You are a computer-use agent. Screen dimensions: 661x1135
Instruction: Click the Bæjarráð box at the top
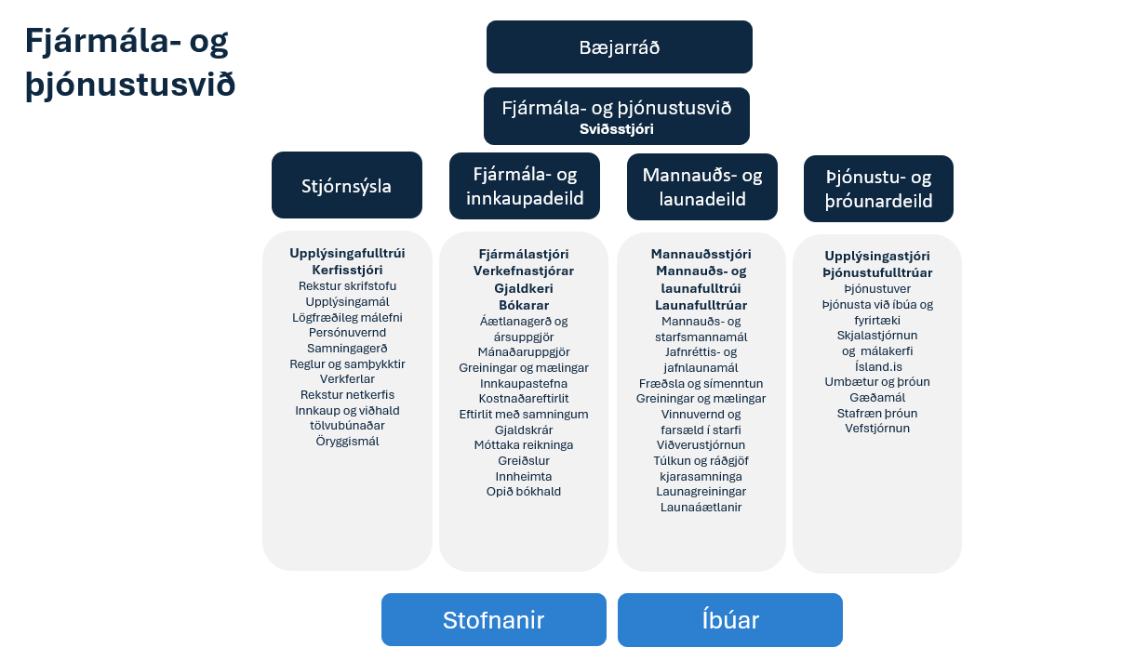[619, 47]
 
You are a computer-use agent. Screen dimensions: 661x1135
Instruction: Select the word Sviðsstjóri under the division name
[617, 128]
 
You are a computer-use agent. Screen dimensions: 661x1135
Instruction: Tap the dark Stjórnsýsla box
[346, 186]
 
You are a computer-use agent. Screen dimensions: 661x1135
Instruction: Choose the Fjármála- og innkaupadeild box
[525, 186]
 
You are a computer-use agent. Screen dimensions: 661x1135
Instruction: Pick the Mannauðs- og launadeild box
[701, 187]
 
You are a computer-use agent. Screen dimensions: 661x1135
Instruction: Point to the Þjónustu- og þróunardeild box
[878, 189]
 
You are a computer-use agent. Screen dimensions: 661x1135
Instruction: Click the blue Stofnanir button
[493, 620]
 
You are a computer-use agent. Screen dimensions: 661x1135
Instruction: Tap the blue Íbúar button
[730, 620]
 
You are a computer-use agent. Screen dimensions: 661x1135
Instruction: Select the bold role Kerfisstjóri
[347, 270]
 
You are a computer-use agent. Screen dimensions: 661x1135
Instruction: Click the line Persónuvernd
[347, 332]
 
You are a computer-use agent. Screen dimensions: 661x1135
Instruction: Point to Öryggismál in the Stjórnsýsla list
[347, 441]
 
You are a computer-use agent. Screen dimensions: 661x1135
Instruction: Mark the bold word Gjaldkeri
[524, 288]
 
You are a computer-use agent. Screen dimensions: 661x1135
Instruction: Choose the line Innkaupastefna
[524, 383]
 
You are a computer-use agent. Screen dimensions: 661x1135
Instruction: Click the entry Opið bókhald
[524, 491]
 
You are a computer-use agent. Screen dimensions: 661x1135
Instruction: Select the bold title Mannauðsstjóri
[701, 254]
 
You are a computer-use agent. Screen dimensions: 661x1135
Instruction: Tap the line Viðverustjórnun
[701, 444]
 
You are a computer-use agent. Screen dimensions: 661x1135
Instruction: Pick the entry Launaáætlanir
[701, 507]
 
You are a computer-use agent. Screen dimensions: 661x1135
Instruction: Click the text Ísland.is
[877, 365]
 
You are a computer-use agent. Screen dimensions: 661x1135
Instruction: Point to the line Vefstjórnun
[877, 429]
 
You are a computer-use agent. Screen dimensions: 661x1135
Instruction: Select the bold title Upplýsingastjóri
[877, 256]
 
